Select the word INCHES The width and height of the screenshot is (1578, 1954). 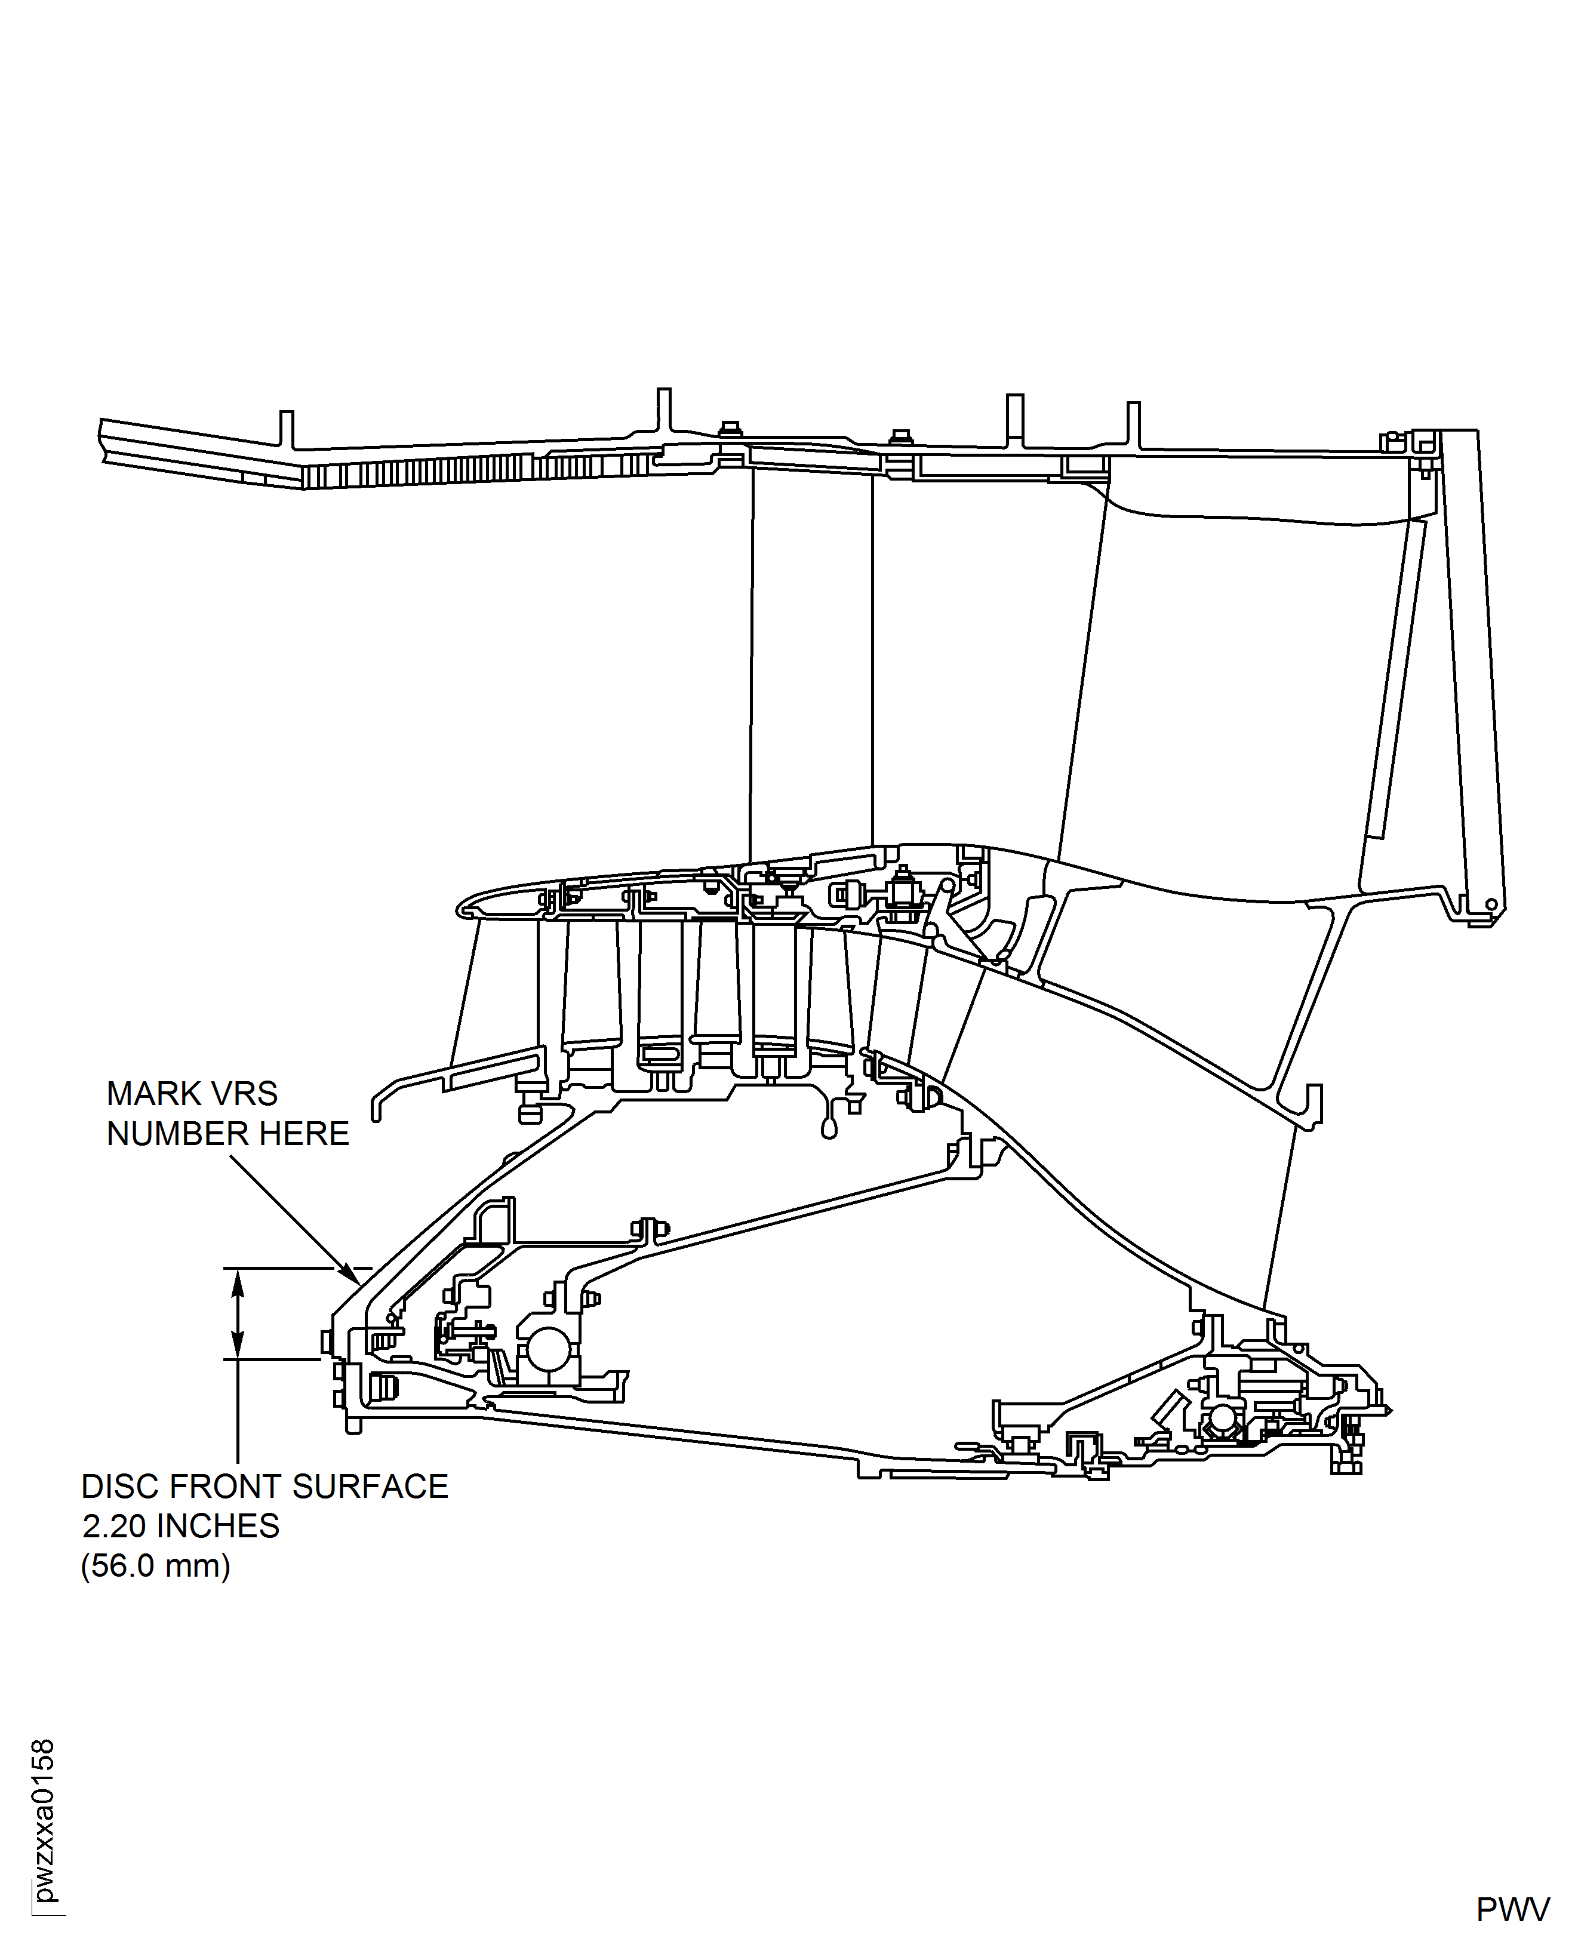218,1527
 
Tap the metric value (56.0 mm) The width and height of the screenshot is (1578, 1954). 155,1566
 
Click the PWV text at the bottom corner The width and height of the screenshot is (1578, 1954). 1512,1910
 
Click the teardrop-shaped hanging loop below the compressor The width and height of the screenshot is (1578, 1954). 828,1129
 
